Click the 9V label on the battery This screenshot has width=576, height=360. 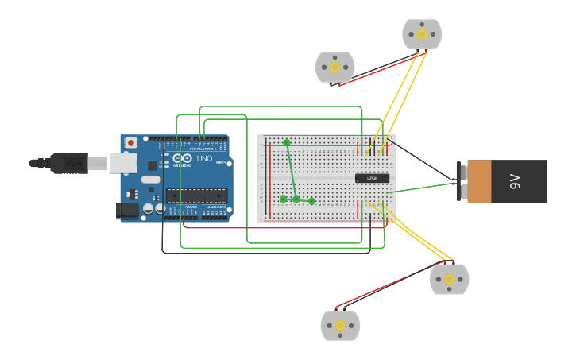click(515, 181)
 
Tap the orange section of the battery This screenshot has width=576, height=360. click(481, 181)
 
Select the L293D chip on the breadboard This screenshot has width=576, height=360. click(372, 178)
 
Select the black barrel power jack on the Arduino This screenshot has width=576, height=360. click(126, 211)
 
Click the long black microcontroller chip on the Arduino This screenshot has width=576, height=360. click(196, 195)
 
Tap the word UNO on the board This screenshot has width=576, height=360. click(205, 159)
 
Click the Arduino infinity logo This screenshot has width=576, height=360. click(183, 159)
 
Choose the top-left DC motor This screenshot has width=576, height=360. click(334, 68)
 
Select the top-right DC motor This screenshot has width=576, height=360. click(422, 34)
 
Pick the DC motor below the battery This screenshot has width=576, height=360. click(449, 279)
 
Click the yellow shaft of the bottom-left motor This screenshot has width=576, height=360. click(340, 326)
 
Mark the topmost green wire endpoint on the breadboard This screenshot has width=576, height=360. click(287, 142)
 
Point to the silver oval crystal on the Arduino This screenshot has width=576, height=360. click(151, 180)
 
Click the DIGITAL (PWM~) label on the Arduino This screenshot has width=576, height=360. click(199, 148)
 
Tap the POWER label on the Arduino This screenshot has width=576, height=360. click(191, 207)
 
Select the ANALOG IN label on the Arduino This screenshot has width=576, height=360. click(215, 207)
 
